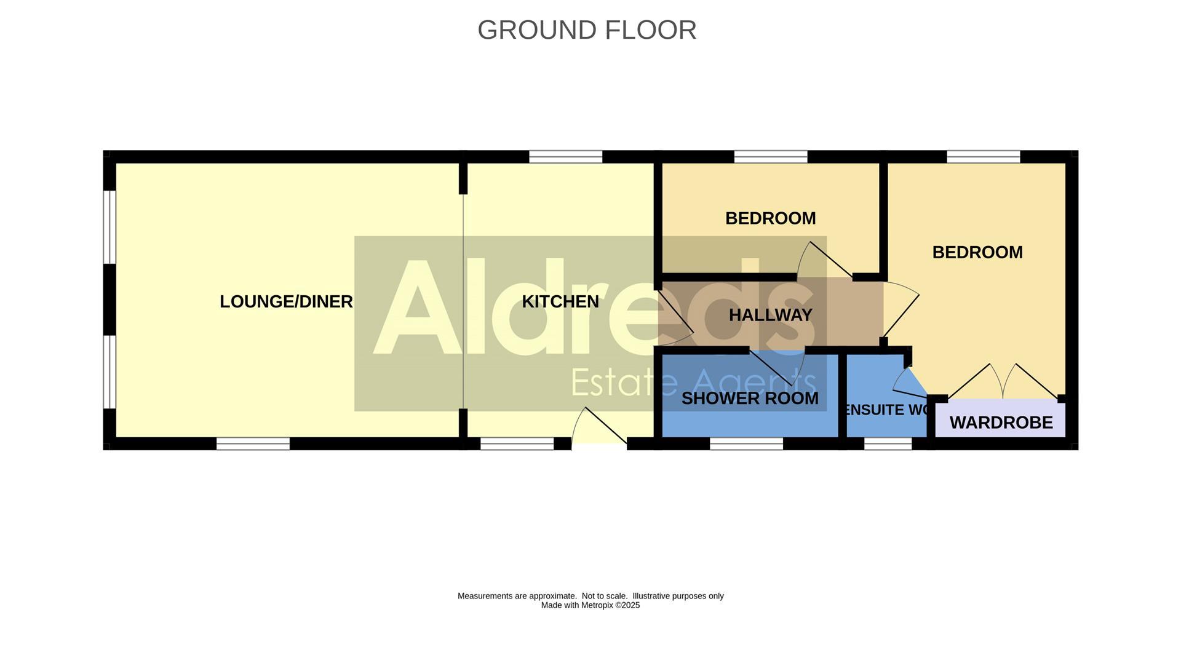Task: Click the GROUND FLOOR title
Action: [x=586, y=30]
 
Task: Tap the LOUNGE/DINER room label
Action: [x=286, y=301]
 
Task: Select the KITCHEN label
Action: [x=560, y=301]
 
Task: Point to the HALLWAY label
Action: [x=770, y=315]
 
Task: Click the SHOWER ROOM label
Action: [x=749, y=399]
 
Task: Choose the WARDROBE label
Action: [x=1001, y=423]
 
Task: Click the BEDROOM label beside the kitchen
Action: [x=770, y=218]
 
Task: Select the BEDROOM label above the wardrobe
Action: [x=977, y=252]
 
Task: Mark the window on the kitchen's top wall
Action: [x=565, y=157]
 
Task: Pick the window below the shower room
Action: [x=746, y=443]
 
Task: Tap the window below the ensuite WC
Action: [x=888, y=443]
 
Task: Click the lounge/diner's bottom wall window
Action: [x=253, y=443]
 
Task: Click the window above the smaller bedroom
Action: [x=770, y=157]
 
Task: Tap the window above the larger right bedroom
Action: [x=983, y=157]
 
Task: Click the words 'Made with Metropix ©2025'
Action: [x=590, y=605]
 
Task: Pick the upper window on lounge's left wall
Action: [x=109, y=227]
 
